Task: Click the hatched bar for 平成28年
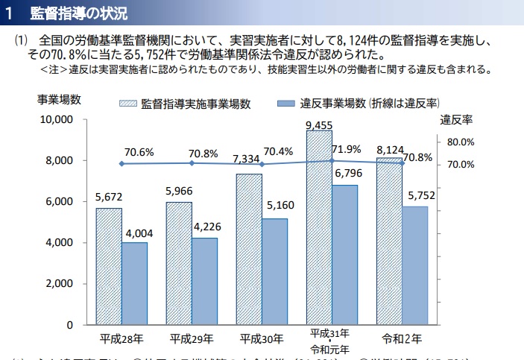click(x=109, y=266)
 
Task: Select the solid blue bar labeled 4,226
click(x=204, y=281)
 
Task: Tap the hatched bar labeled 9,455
click(x=319, y=228)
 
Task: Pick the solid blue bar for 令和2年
click(x=415, y=265)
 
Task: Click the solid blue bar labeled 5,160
click(x=274, y=271)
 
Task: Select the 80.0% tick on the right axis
click(x=461, y=142)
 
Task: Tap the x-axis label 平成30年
click(x=262, y=339)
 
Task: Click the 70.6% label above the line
click(x=139, y=152)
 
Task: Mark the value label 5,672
click(x=109, y=198)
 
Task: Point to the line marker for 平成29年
click(x=192, y=163)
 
